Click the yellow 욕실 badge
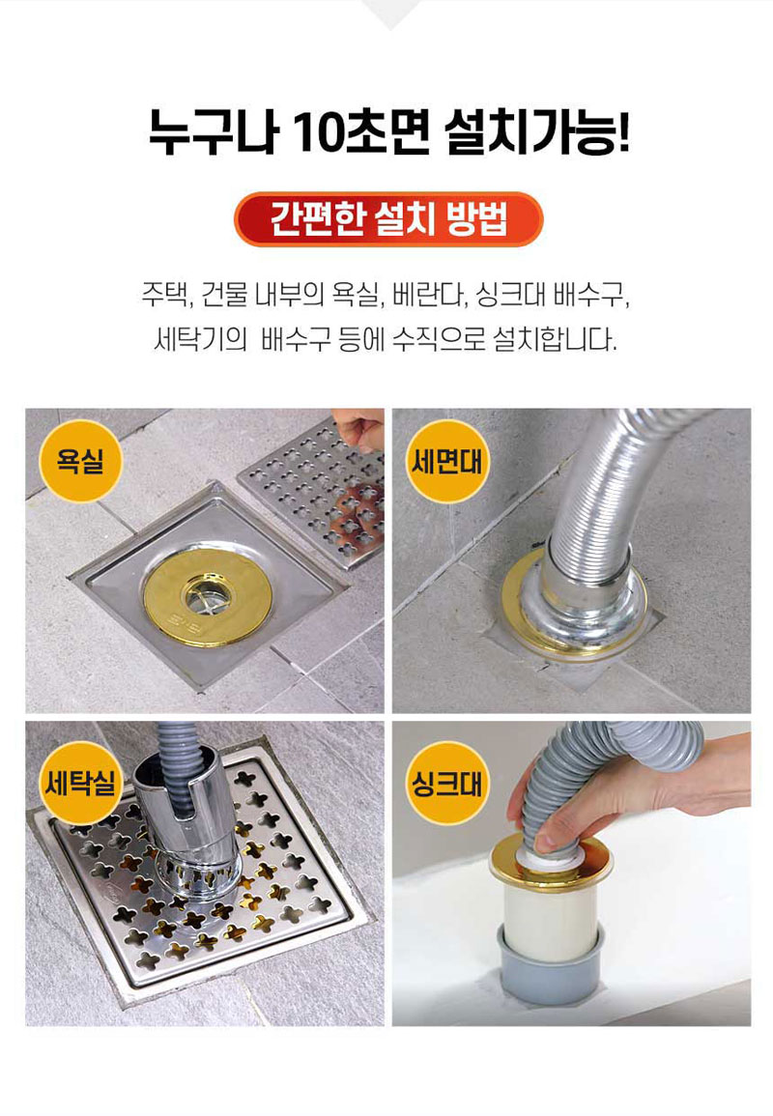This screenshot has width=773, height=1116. click(x=80, y=461)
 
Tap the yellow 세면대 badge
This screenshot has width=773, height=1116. click(x=447, y=461)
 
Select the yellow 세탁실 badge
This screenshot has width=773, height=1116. click(x=80, y=783)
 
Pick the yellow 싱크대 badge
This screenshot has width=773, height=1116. click(x=447, y=783)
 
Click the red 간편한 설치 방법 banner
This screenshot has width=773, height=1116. click(x=388, y=219)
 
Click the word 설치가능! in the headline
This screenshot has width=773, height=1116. click(x=536, y=133)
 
